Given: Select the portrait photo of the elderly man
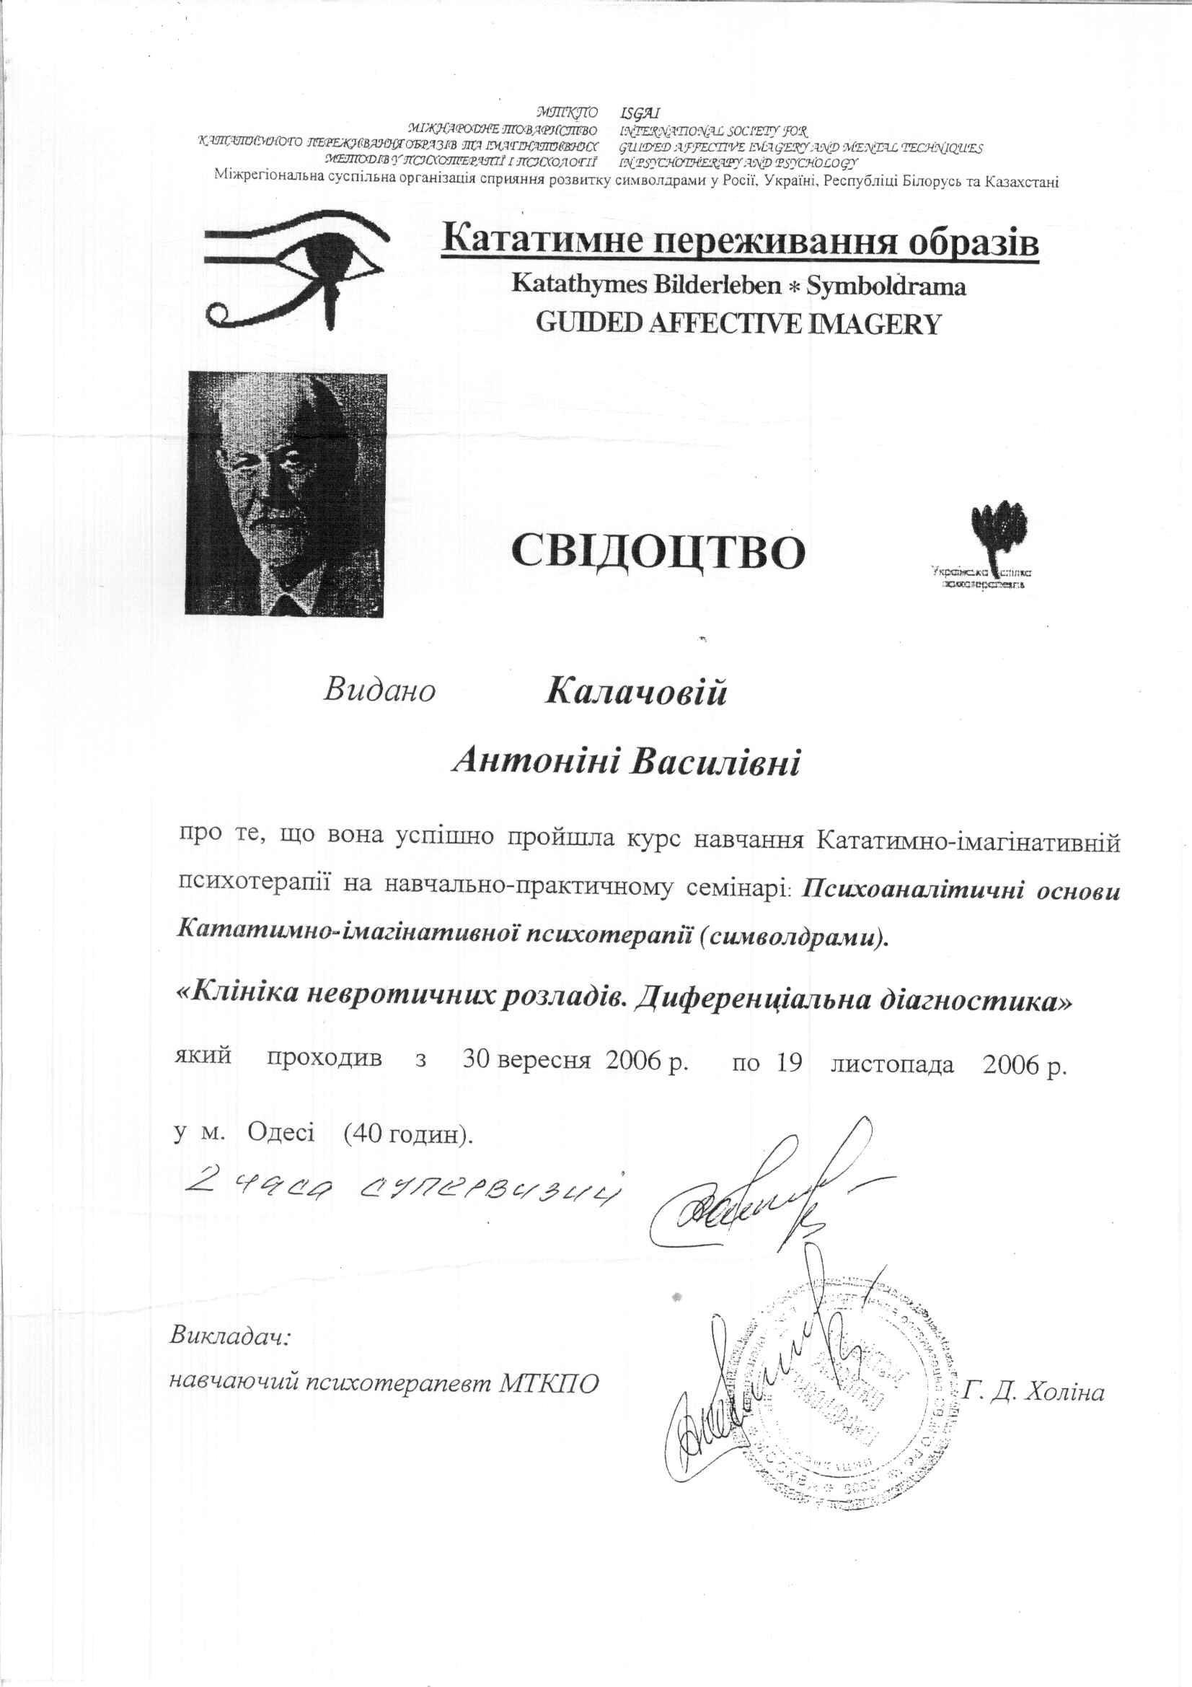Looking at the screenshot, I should [287, 493].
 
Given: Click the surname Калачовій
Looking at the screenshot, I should [636, 692].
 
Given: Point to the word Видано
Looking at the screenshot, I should [380, 690].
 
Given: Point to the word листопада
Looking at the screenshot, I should [892, 1063].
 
